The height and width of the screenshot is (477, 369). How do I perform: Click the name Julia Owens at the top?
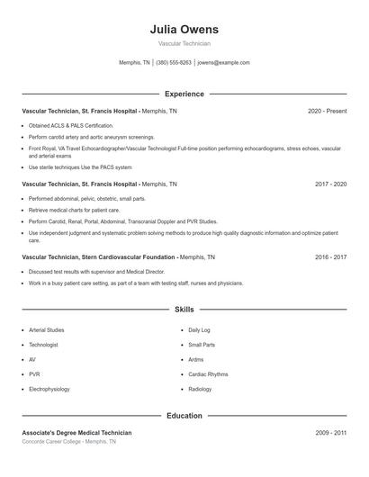tap(184, 29)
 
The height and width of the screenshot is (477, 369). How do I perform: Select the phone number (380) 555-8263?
tap(174, 63)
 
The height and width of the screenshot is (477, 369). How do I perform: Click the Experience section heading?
tap(184, 94)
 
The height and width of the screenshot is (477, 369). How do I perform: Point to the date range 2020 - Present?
tap(327, 111)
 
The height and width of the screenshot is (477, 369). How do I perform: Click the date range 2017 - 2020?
tap(330, 184)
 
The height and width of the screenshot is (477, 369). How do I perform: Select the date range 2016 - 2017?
tap(330, 256)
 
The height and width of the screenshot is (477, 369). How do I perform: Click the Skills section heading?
tap(184, 309)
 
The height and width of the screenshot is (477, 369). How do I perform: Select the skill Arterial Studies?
tap(47, 330)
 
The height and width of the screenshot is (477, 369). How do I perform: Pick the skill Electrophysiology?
tap(49, 389)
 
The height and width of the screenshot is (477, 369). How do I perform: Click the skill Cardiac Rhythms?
tap(208, 374)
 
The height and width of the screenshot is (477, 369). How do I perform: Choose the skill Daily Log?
tap(199, 330)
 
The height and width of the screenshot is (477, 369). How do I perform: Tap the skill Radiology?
tap(200, 389)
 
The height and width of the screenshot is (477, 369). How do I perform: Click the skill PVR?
tap(34, 374)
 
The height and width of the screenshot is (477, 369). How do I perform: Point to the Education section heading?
tap(184, 416)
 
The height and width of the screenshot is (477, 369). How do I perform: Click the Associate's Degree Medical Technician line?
tap(76, 433)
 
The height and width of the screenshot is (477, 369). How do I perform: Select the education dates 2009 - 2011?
tap(330, 433)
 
